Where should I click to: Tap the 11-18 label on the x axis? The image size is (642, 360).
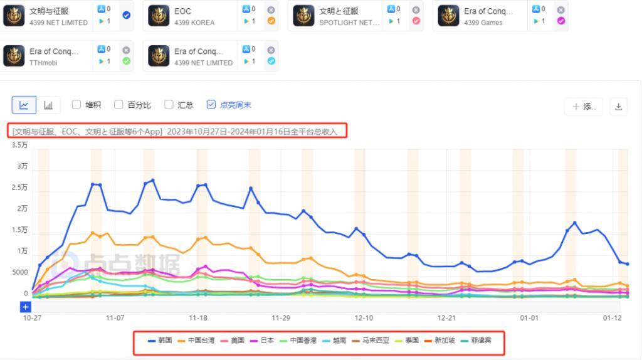pos(198,318)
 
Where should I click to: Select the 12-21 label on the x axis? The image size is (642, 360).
pos(446,318)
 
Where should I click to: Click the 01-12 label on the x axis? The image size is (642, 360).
pos(612,318)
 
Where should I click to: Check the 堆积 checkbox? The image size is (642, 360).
pos(76,105)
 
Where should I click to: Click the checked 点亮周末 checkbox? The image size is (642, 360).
pos(211,105)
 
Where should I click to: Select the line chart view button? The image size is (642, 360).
pos(24,105)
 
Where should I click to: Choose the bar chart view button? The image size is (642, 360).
pos(48,105)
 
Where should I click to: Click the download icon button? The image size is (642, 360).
pos(618,107)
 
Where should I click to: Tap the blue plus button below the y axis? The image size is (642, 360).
pos(25,307)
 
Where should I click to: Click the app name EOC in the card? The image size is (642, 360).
pos(182,11)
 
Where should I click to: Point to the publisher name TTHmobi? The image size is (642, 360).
pos(43,62)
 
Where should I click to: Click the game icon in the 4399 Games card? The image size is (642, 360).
pos(448,16)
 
